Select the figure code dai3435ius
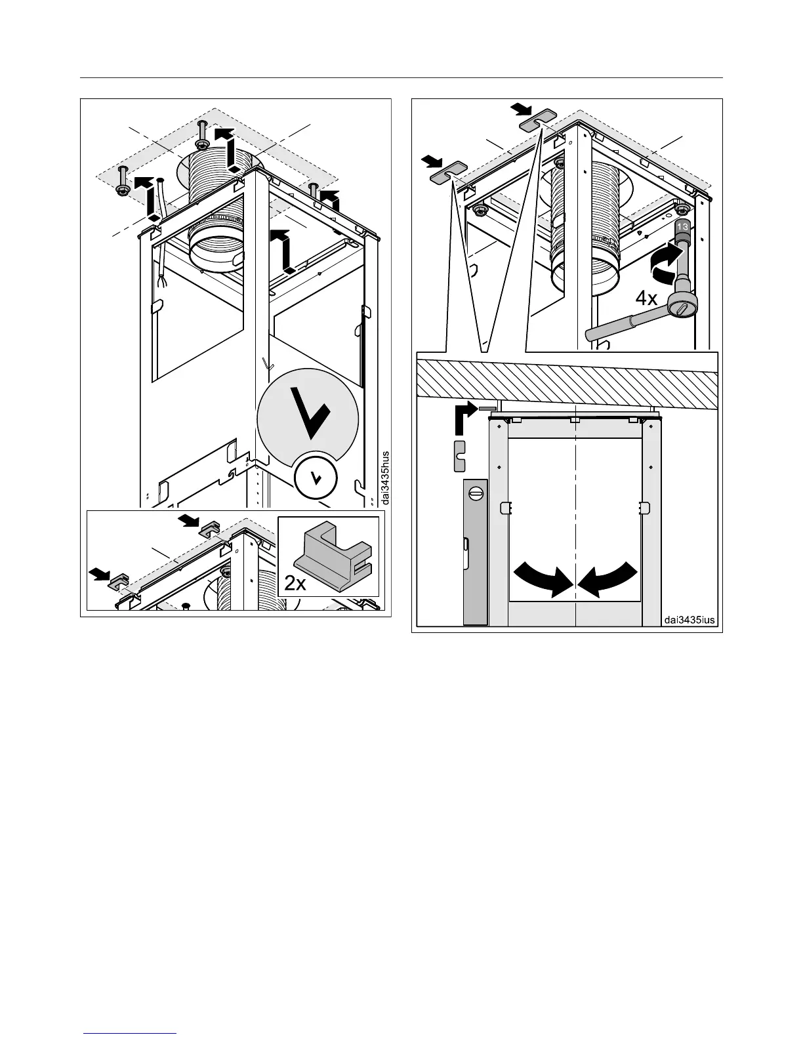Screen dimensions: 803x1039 [x=689, y=620]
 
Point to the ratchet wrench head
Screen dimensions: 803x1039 [x=680, y=305]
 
